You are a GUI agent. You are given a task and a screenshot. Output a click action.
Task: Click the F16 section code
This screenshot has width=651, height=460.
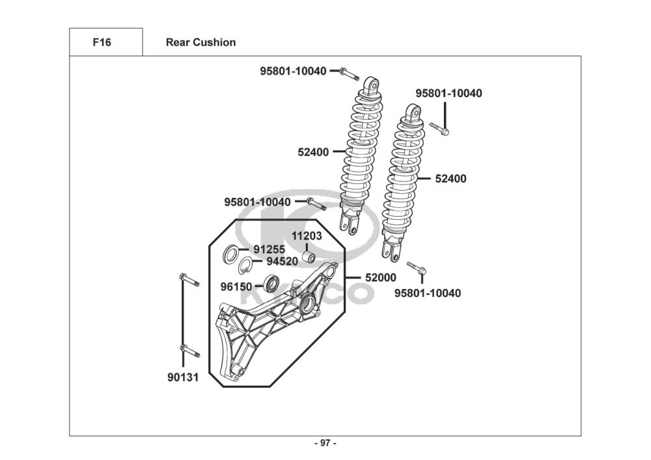(102, 43)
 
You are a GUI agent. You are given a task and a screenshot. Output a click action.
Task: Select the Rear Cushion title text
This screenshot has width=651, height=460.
(201, 43)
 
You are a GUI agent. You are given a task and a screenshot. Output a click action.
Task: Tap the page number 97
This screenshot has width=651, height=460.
(325, 444)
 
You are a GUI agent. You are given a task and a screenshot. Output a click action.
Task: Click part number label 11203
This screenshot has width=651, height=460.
(306, 236)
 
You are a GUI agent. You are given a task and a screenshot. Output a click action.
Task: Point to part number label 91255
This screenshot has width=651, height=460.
(266, 249)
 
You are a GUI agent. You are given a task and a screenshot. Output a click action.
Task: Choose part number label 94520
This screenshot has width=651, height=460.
(282, 262)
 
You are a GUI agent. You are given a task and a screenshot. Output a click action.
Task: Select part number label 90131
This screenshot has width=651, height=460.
(183, 377)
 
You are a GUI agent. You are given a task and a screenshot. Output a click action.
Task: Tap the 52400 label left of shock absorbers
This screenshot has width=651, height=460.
(313, 152)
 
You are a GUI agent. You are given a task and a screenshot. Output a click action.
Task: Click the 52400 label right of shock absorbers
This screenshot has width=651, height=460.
(450, 178)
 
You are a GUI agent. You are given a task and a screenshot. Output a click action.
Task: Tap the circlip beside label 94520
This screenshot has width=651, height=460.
(245, 265)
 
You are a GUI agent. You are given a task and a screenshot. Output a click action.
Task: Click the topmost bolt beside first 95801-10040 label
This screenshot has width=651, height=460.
(348, 73)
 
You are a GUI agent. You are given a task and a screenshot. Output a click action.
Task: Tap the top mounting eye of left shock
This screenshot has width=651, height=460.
(371, 85)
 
